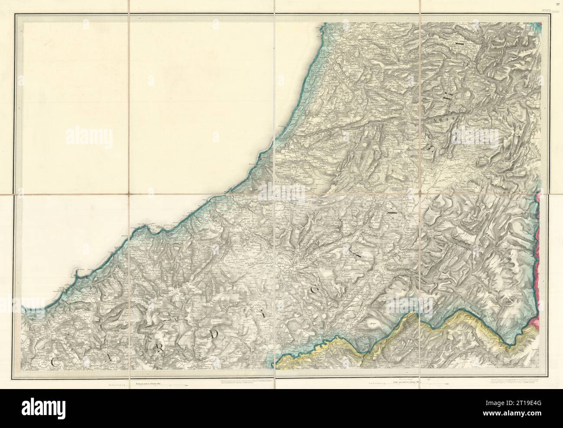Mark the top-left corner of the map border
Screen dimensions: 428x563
(16, 14)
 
